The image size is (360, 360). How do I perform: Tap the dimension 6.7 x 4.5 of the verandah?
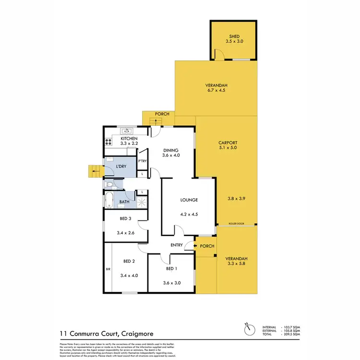[x=216, y=90]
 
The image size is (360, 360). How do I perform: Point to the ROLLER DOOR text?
[x=237, y=224]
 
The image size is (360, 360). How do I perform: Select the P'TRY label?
[x=143, y=161]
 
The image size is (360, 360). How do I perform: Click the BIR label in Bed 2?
[x=108, y=270]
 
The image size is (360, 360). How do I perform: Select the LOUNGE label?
[x=189, y=200]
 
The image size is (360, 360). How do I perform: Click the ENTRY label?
[x=177, y=245]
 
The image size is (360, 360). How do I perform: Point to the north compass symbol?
[x=248, y=330]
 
